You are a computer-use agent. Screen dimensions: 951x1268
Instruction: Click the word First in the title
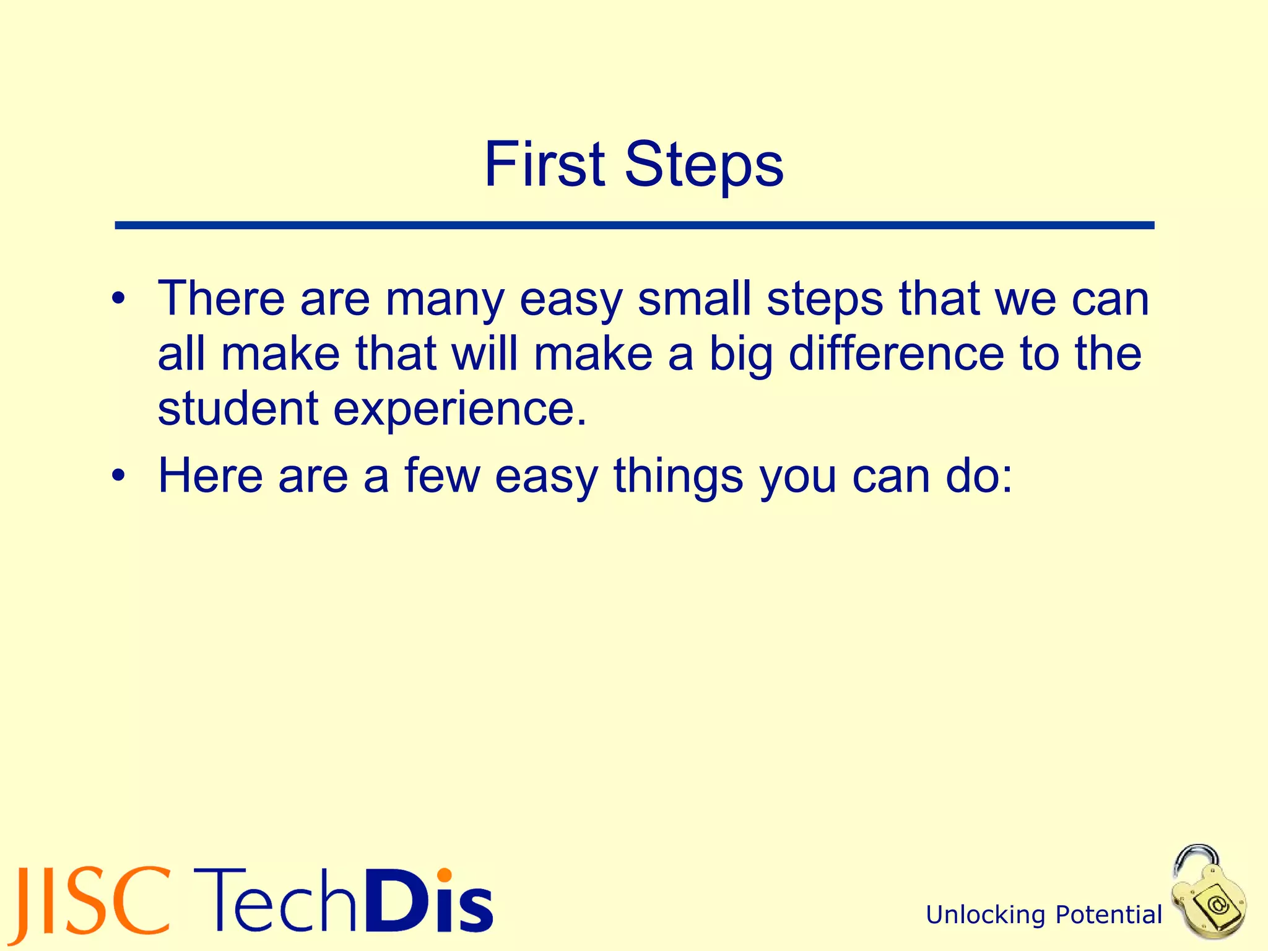click(544, 164)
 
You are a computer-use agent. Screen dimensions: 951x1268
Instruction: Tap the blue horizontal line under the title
click(634, 225)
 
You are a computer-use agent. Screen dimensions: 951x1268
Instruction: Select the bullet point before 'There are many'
click(118, 300)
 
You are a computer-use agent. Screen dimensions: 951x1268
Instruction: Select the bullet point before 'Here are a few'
click(118, 477)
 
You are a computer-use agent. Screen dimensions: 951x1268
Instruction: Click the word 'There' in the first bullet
click(220, 298)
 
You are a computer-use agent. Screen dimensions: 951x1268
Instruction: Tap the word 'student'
click(238, 409)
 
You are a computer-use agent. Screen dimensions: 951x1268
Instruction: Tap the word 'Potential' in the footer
click(1108, 915)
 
